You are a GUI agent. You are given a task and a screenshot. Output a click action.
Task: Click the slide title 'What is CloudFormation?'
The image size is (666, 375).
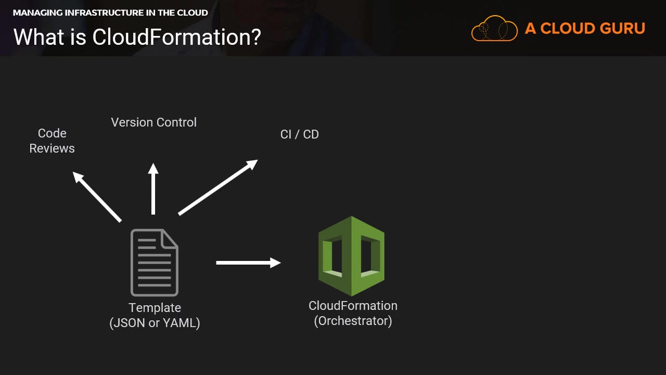coord(137,37)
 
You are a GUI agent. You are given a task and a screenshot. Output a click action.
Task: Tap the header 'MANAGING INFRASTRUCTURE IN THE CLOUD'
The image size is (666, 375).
coord(110,12)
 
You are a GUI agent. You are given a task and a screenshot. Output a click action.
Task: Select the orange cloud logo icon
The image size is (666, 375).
coord(494,28)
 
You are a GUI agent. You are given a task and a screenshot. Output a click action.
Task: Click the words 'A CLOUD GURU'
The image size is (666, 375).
coord(585,29)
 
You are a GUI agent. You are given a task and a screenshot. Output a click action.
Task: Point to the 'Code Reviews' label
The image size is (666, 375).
coord(52,141)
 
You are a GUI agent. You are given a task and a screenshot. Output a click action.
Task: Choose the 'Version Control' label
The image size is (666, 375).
coord(154,122)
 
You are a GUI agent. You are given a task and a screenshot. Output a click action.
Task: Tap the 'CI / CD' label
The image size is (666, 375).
coord(299,134)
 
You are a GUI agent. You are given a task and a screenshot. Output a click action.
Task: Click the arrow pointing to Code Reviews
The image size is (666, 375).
coord(97,197)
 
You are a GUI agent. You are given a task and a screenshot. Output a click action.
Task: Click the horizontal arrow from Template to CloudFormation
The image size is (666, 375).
coord(248,262)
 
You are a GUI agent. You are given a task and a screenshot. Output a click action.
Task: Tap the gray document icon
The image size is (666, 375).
coord(155,262)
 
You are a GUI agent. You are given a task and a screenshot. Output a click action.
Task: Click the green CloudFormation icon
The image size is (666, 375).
coord(352,255)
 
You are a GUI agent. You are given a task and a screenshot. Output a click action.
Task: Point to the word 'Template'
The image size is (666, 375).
coord(155,308)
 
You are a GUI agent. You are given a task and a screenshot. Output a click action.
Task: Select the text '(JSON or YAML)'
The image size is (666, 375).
coord(155,323)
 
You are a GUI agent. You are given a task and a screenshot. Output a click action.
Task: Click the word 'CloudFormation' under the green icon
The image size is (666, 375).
coord(353,306)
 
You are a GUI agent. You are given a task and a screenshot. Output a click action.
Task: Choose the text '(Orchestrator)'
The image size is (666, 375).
coord(353,321)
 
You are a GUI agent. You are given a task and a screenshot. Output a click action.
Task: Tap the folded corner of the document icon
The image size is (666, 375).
coord(170,238)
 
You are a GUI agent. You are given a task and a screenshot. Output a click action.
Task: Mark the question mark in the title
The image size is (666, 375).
coord(255,37)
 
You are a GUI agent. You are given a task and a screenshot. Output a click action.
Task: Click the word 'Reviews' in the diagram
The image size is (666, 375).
coord(52,148)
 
